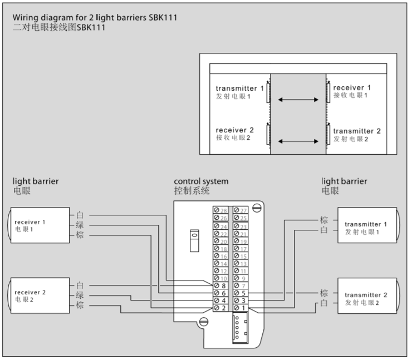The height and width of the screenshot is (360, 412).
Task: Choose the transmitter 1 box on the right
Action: [x=367, y=228]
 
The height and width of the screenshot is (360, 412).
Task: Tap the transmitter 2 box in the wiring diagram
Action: [x=367, y=298]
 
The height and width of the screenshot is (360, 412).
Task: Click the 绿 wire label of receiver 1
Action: [x=80, y=225]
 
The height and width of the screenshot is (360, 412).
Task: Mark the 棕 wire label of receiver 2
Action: [x=80, y=306]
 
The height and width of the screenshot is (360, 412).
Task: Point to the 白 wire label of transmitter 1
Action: [x=324, y=230]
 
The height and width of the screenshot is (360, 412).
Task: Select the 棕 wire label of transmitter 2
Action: [x=324, y=293]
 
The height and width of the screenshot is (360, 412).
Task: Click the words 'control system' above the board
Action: [x=201, y=181]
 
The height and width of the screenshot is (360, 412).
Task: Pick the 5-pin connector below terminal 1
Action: [x=241, y=328]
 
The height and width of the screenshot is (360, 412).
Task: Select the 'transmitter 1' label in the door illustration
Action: [x=240, y=88]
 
